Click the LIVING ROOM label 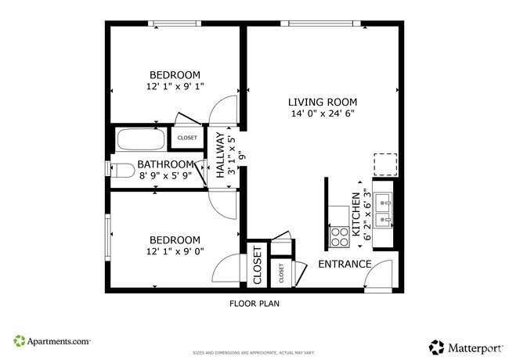coord(322,102)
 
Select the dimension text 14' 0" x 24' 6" coord(322,114)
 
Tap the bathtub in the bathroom coord(141,141)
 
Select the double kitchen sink coord(383,210)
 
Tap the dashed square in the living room coord(384,164)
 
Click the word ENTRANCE coord(344,264)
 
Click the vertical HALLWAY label coord(221,156)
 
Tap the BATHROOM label coord(165,164)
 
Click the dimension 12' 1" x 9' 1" coord(172,86)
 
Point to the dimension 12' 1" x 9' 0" coord(172,251)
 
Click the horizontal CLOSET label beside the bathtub coord(187,138)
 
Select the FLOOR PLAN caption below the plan coord(254,303)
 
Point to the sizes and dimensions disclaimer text coord(254,352)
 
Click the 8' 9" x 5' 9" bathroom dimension coord(164,177)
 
